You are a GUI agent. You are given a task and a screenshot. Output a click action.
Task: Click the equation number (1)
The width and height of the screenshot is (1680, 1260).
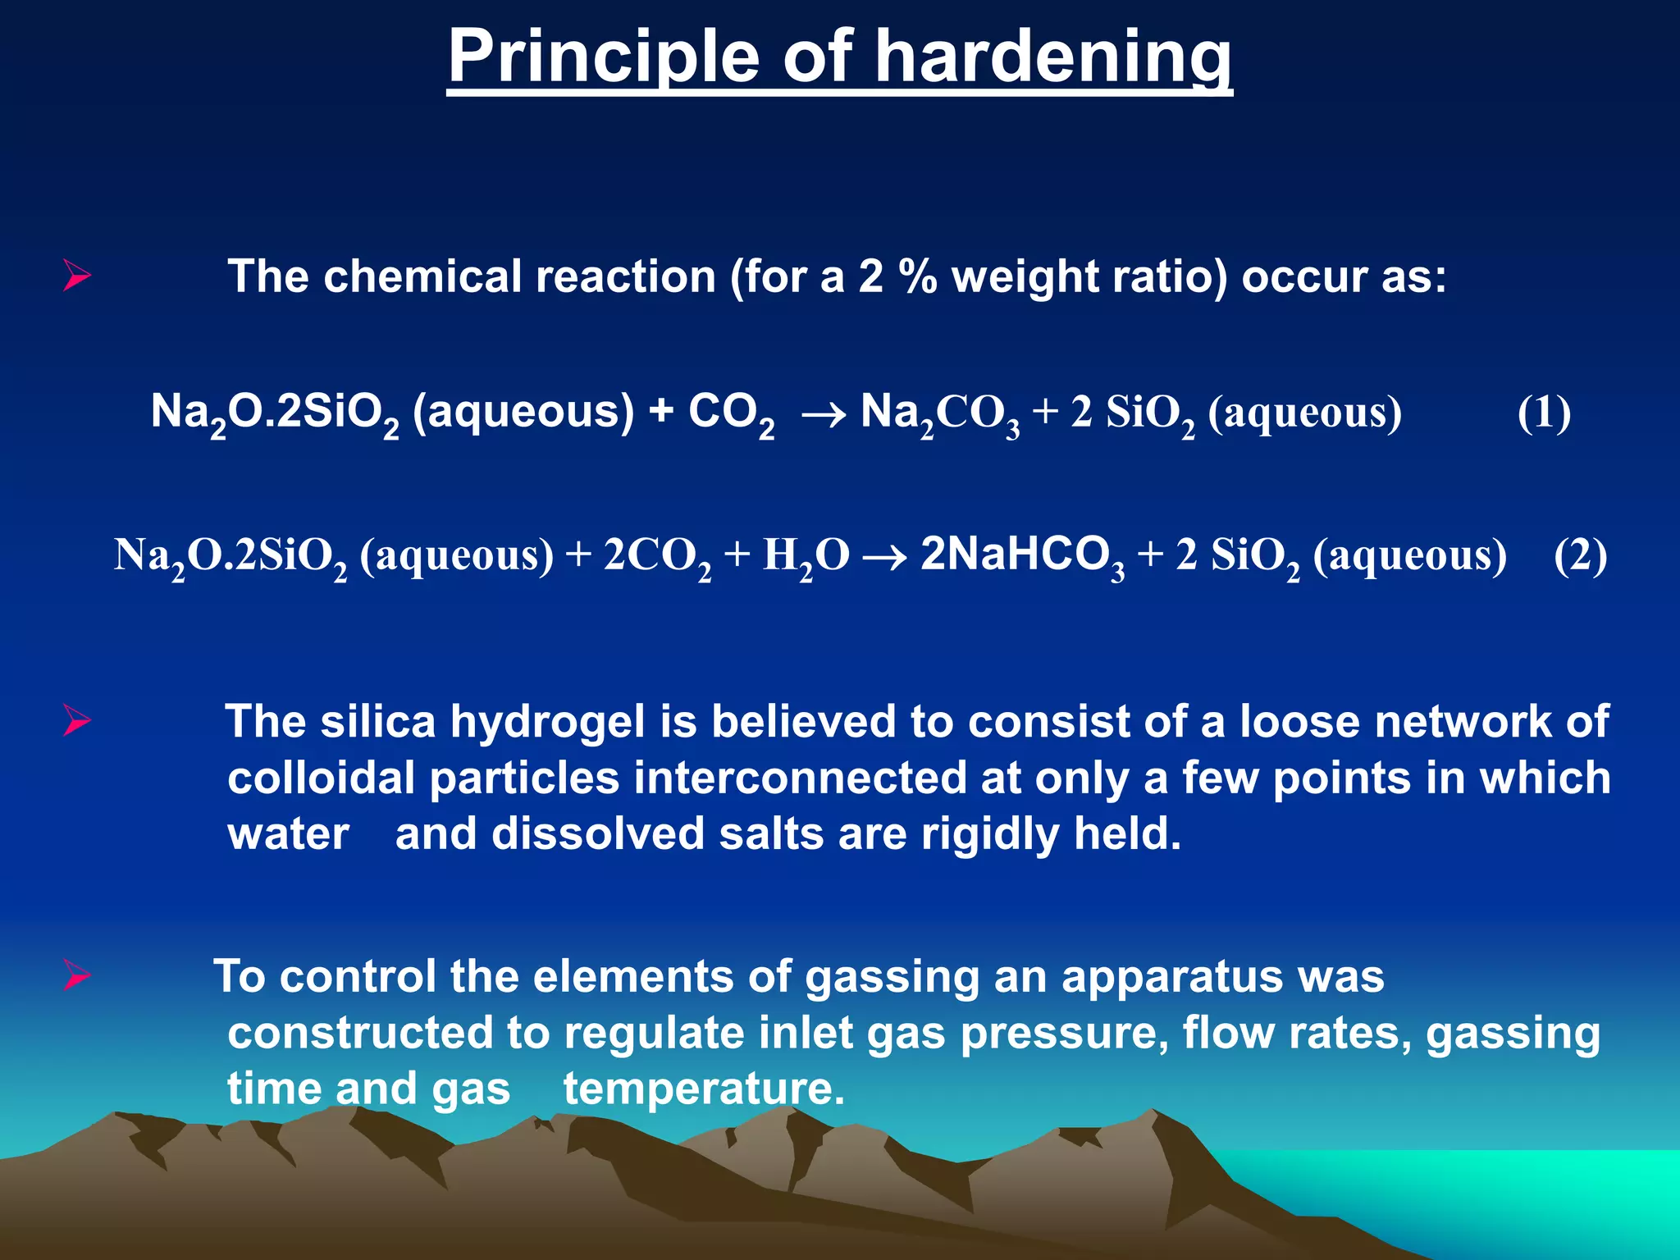click(x=1544, y=413)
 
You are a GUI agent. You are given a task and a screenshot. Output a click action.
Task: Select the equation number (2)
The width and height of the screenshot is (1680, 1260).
click(x=1580, y=555)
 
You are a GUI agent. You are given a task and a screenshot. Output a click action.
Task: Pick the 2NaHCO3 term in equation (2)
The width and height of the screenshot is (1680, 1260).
click(x=1022, y=555)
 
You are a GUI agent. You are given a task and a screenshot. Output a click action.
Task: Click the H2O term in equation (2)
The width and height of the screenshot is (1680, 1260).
click(x=806, y=557)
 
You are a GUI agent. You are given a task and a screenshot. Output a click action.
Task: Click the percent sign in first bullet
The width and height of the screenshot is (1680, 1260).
click(x=917, y=276)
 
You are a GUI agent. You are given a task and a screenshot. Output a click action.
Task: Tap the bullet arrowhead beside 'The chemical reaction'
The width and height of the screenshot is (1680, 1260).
click(x=76, y=276)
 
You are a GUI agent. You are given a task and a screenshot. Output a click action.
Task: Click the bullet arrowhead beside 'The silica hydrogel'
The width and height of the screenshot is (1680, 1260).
click(x=76, y=721)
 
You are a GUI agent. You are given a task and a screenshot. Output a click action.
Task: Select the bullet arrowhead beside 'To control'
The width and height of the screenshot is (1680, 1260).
click(x=76, y=976)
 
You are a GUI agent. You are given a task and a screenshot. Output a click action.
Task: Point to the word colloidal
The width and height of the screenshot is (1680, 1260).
click(x=321, y=778)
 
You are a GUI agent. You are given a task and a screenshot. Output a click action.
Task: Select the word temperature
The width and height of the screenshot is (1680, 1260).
click(x=703, y=1090)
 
